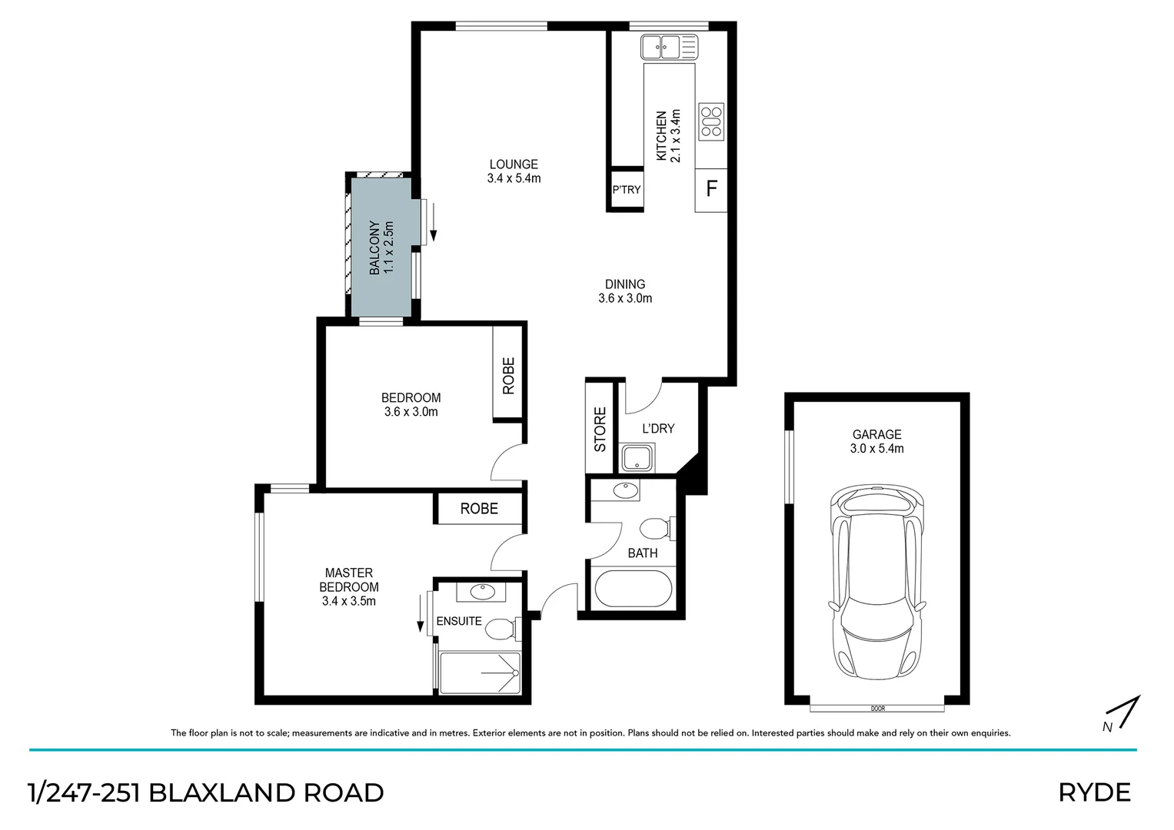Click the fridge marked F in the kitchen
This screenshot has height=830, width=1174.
[x=711, y=189]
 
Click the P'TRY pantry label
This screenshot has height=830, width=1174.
[x=626, y=190]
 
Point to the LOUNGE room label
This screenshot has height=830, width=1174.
[x=514, y=164]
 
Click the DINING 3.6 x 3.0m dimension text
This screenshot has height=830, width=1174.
[x=625, y=298]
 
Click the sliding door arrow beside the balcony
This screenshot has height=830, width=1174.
[x=434, y=222]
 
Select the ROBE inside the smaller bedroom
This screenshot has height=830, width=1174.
[x=508, y=375]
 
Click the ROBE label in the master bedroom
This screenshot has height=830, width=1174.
[x=479, y=509]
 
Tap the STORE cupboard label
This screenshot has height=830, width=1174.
[x=600, y=429]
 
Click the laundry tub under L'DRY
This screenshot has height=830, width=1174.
[x=637, y=459]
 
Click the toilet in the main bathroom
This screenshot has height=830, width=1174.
[x=656, y=529]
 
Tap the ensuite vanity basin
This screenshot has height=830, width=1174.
[x=483, y=593]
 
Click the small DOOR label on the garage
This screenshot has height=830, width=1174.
[x=877, y=708]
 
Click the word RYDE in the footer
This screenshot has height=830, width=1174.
[x=1094, y=792]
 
